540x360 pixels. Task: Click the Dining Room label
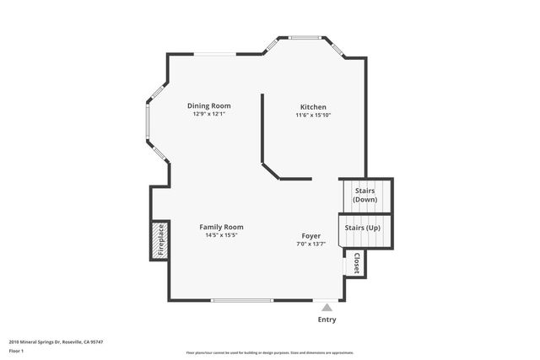click(208, 105)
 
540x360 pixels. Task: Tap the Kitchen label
click(313, 106)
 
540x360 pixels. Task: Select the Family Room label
click(221, 227)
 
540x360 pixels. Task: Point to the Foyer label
click(311, 235)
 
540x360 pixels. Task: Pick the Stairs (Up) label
click(364, 228)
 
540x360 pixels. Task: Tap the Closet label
click(356, 263)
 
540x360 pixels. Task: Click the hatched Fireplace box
click(159, 240)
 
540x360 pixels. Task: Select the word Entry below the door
click(327, 320)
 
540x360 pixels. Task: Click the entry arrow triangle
click(327, 307)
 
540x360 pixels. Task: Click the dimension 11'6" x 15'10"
click(313, 115)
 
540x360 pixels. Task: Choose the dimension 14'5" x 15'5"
click(221, 235)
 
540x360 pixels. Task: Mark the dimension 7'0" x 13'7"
click(311, 244)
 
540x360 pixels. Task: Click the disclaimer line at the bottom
click(269, 352)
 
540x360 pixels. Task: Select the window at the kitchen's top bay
click(305, 37)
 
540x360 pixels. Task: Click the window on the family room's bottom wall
click(242, 301)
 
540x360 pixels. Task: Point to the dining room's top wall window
click(215, 55)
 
